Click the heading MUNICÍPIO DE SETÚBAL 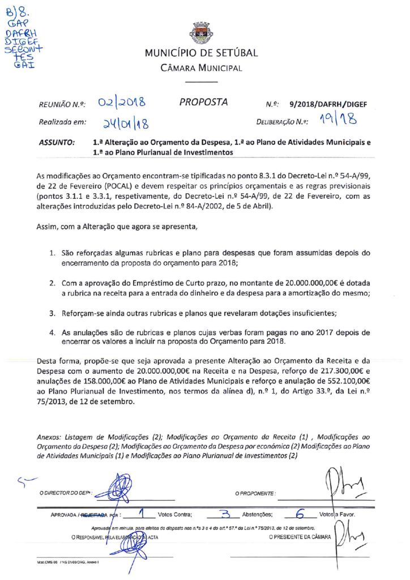point(201,53)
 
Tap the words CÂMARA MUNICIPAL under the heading point(201,69)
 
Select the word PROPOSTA point(203,103)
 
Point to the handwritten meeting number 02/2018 point(121,103)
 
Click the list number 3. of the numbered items point(51,313)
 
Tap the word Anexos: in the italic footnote point(49,437)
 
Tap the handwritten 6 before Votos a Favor point(300,514)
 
